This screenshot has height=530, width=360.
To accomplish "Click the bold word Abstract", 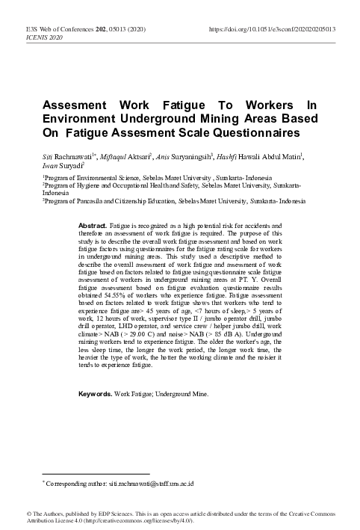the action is click(93, 224).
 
